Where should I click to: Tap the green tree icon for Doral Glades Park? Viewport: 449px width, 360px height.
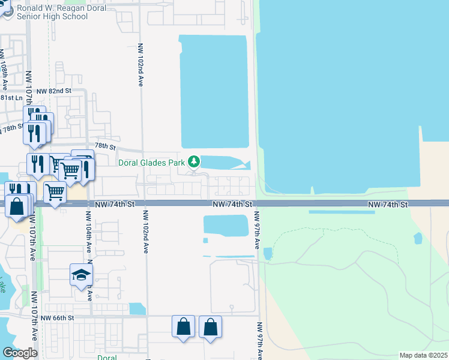(193, 161)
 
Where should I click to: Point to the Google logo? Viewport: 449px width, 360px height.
(20, 353)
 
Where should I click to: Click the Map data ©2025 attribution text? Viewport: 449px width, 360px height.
(423, 355)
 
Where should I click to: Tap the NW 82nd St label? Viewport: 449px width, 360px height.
(53, 91)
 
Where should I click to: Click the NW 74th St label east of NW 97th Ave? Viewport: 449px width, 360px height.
(388, 205)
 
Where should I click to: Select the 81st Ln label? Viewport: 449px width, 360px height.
(11, 97)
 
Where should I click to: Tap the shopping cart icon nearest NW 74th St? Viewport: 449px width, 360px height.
(55, 193)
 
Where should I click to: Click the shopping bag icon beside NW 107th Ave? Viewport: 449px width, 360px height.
(17, 206)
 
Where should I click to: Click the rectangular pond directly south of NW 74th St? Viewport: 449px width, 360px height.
(226, 226)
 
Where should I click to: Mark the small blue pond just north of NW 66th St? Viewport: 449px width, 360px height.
(137, 308)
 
